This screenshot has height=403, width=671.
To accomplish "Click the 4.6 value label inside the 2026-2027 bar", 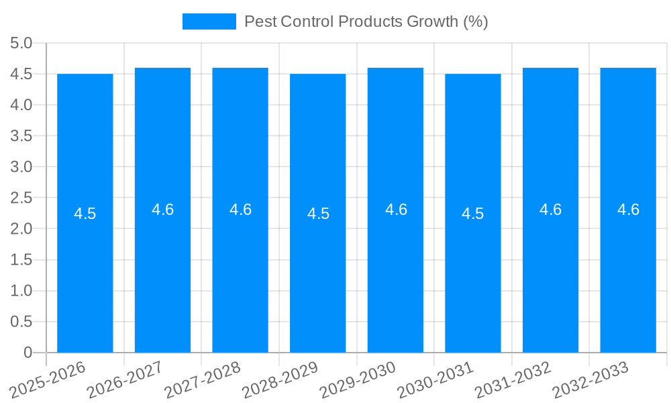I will (163, 210).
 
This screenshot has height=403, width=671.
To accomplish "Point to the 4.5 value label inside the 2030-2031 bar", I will (473, 214).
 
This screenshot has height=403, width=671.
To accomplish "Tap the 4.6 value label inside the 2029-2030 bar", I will (396, 210).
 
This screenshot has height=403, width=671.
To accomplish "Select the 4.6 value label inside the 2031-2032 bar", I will (551, 210).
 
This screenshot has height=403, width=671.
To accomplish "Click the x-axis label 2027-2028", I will (203, 379).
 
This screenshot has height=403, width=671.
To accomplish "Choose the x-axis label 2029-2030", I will (358, 379).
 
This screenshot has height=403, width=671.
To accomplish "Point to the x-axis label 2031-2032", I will (513, 379).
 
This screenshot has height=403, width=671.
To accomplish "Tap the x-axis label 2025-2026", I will (48, 379).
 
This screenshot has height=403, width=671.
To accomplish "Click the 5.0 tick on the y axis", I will (21, 44).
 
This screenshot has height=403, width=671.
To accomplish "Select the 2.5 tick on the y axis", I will (21, 198).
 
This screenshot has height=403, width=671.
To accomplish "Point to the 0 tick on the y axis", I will (28, 353).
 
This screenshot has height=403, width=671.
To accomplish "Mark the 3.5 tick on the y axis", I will (21, 136).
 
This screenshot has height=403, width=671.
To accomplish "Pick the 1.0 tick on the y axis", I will (21, 291).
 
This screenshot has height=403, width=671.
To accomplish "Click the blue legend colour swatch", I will (209, 21).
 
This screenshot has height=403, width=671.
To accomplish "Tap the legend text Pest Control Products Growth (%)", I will (366, 21).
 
